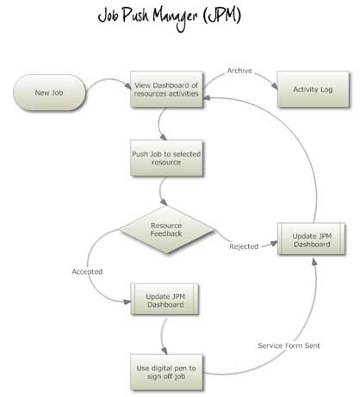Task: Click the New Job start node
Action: (49, 92)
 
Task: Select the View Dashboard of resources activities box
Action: (166, 90)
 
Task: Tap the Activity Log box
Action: (313, 90)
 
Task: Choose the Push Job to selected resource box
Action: (166, 158)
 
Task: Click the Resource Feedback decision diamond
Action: (166, 230)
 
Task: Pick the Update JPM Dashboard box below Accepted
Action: (164, 300)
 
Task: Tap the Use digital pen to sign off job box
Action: (166, 372)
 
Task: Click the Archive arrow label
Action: (239, 71)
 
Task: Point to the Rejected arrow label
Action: (244, 246)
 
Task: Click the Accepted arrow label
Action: (87, 271)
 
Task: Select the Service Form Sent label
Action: (289, 345)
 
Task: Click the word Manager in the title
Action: (175, 18)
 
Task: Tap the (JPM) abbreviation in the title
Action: (221, 16)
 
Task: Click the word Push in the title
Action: (135, 15)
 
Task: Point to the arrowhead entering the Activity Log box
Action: (275, 86)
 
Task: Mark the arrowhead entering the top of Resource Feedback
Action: (164, 202)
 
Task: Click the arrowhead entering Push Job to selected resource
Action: (163, 137)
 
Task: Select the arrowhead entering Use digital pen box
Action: (164, 350)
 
